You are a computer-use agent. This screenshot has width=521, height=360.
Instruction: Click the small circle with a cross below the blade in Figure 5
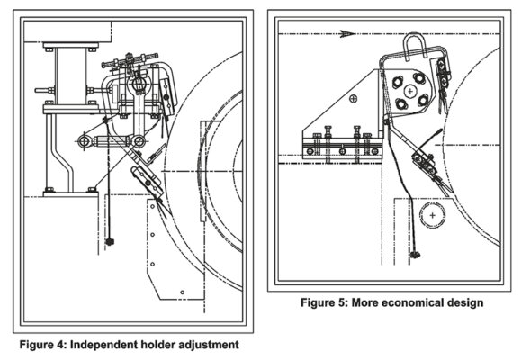point(433,217)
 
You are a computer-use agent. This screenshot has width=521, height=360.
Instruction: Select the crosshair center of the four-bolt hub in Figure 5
point(409,90)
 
